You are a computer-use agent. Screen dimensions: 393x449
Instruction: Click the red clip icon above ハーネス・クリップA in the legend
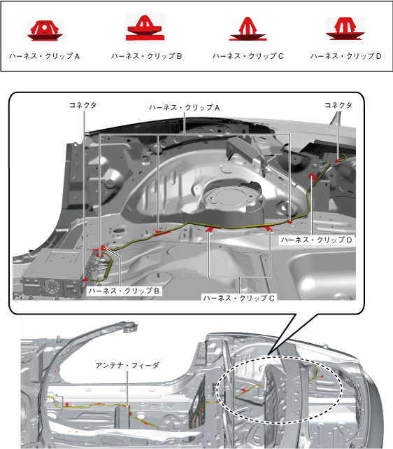[x=45, y=30]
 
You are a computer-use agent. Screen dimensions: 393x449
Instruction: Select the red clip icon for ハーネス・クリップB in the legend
[x=145, y=28]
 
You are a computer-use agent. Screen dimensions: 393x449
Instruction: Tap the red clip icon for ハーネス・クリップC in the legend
[x=248, y=29]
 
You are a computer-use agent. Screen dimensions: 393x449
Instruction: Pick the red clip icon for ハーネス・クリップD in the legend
[x=345, y=28]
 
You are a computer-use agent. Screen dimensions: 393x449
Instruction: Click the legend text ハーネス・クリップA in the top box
[x=44, y=56]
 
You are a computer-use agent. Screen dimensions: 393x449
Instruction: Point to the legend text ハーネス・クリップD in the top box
[x=346, y=56]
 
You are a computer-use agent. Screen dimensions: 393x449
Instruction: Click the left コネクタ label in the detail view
[x=83, y=105]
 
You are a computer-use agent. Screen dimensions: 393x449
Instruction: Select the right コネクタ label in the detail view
[x=338, y=105]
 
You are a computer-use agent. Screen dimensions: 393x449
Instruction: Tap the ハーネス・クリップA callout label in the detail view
[x=185, y=108]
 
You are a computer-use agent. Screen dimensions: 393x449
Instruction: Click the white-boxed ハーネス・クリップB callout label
[x=124, y=291]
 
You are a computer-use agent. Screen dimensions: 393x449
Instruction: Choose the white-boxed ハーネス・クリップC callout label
[x=239, y=298]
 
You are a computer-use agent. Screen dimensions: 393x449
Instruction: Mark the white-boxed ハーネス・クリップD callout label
[x=316, y=240]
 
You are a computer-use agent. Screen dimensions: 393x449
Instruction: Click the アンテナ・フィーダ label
[x=127, y=366]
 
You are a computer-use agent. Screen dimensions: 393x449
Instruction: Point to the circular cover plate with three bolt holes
[x=229, y=198]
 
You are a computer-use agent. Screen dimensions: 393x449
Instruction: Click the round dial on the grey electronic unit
[x=52, y=286]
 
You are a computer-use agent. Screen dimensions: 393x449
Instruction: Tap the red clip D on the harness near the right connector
[x=313, y=177]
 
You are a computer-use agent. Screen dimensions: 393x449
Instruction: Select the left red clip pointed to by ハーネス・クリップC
[x=210, y=228]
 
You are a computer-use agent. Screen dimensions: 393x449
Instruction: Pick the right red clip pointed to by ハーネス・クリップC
[x=268, y=228]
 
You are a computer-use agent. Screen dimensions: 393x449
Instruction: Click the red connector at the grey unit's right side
[x=85, y=278]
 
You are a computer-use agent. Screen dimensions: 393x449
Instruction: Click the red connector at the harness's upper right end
[x=337, y=160]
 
